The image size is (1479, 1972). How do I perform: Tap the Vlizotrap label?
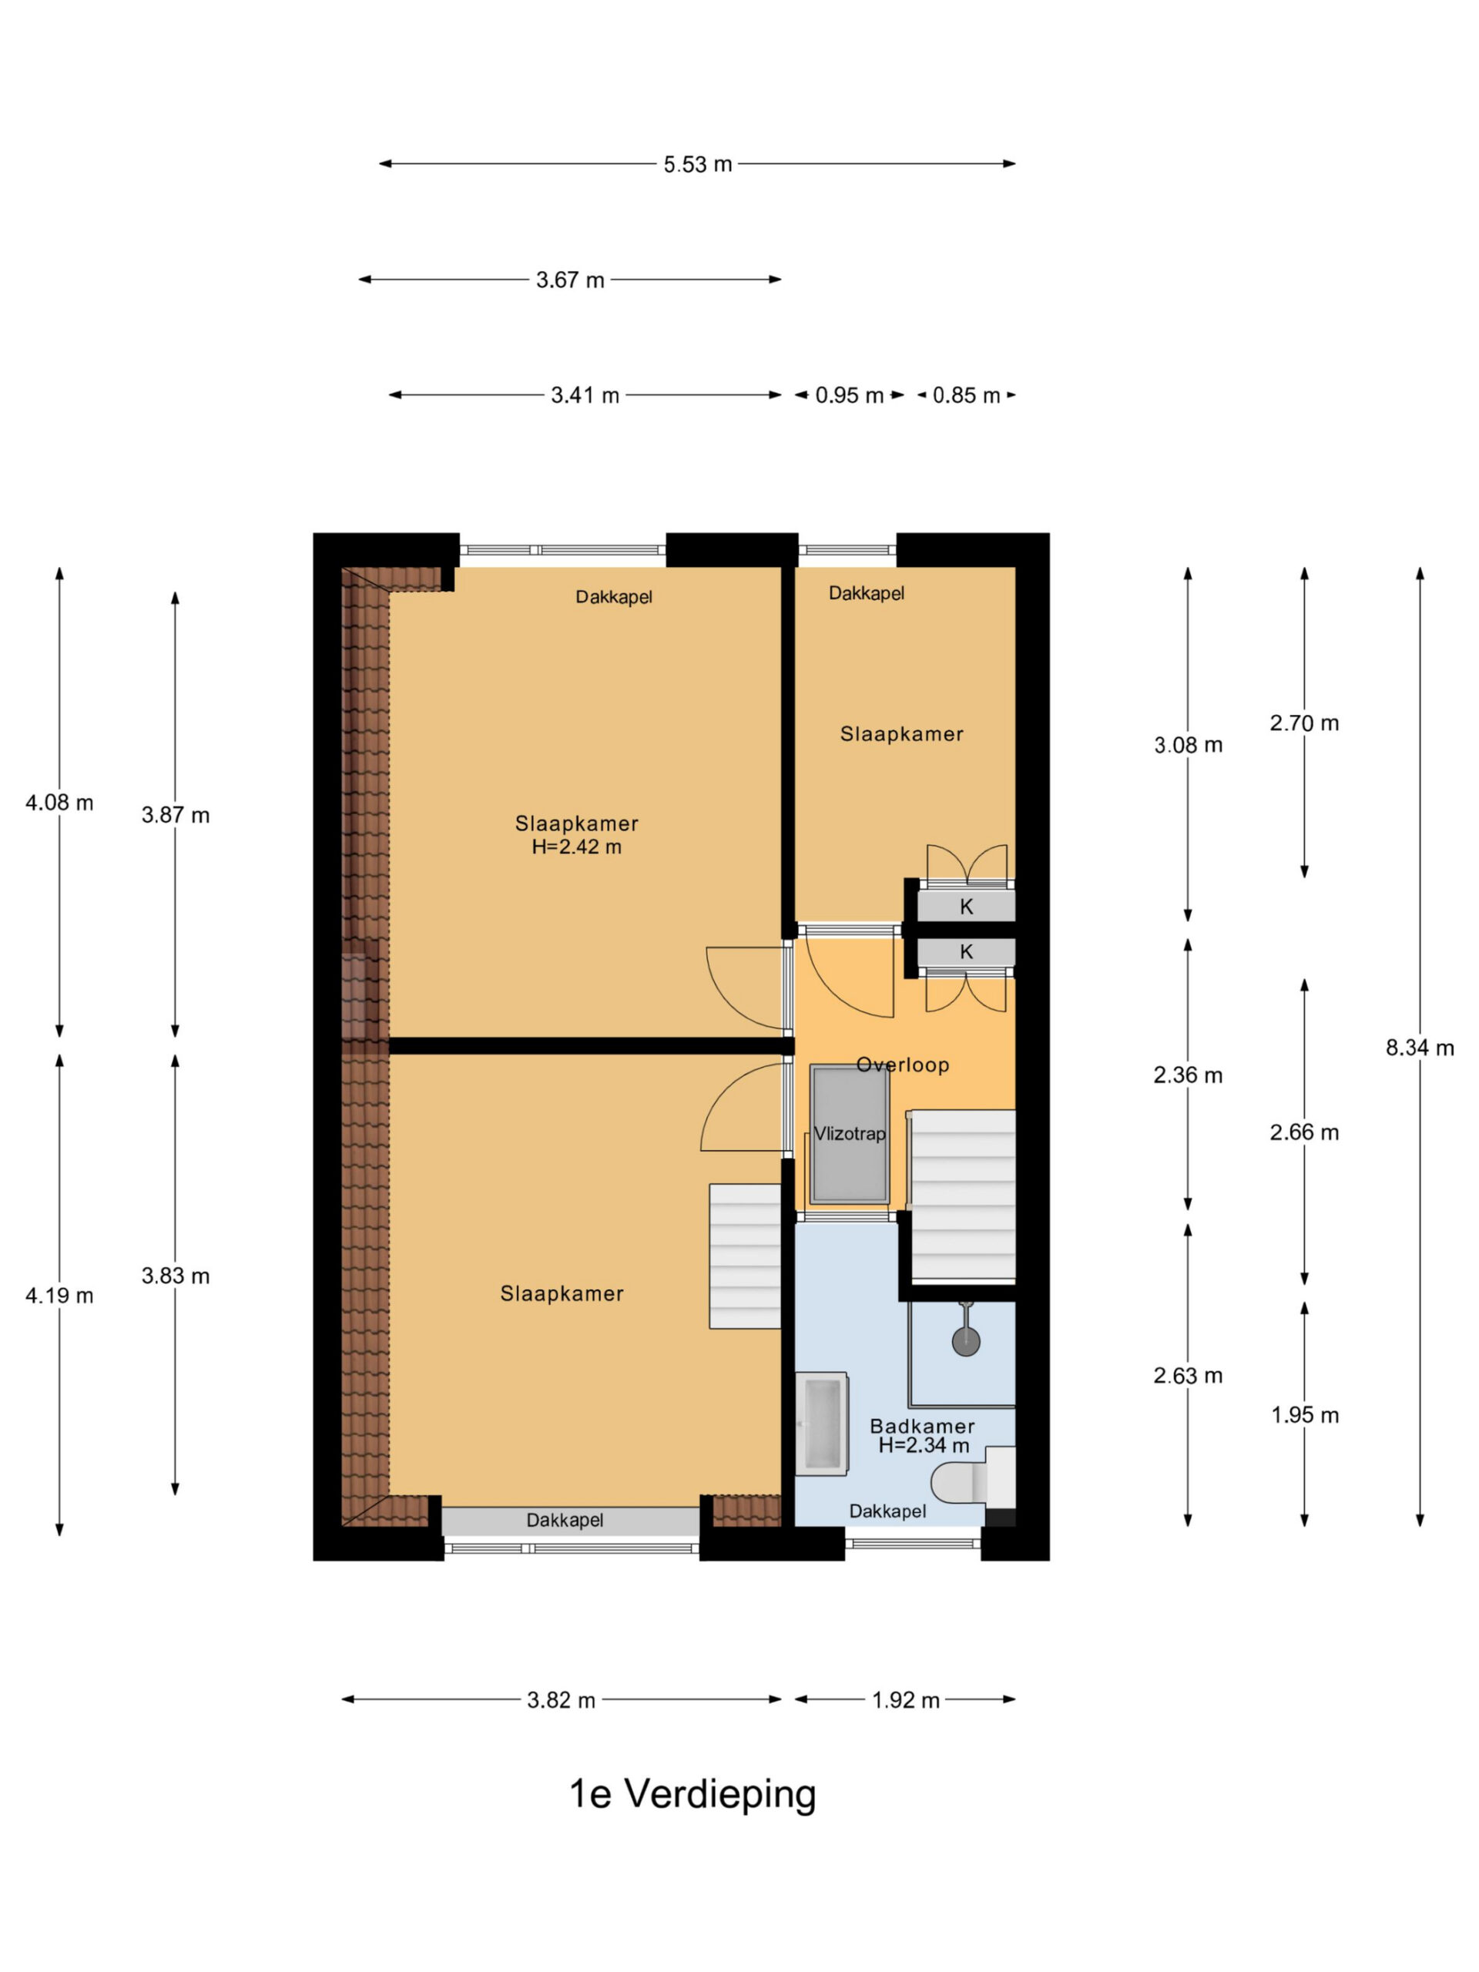pyautogui.click(x=850, y=1134)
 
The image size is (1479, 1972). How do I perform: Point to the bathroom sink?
pyautogui.click(x=821, y=1423)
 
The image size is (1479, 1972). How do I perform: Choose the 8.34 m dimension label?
pyautogui.click(x=1419, y=1048)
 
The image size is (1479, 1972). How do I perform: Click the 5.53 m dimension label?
pyautogui.click(x=697, y=164)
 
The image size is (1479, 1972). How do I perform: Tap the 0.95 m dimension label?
pyautogui.click(x=849, y=395)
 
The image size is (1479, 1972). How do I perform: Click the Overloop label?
pyautogui.click(x=902, y=1065)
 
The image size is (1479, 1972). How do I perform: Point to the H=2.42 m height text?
pyautogui.click(x=577, y=847)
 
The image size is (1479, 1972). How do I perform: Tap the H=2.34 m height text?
pyautogui.click(x=924, y=1445)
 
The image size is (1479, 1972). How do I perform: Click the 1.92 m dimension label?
pyautogui.click(x=906, y=1700)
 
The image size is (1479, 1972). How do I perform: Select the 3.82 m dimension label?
pyautogui.click(x=561, y=1700)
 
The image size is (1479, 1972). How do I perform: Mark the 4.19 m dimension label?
pyautogui.click(x=59, y=1296)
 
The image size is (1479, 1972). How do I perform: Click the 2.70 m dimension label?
pyautogui.click(x=1304, y=723)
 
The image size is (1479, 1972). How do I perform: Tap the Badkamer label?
pyautogui.click(x=922, y=1426)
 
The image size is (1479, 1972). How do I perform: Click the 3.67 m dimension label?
pyautogui.click(x=570, y=280)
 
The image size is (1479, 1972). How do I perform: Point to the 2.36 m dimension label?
pyautogui.click(x=1188, y=1075)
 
